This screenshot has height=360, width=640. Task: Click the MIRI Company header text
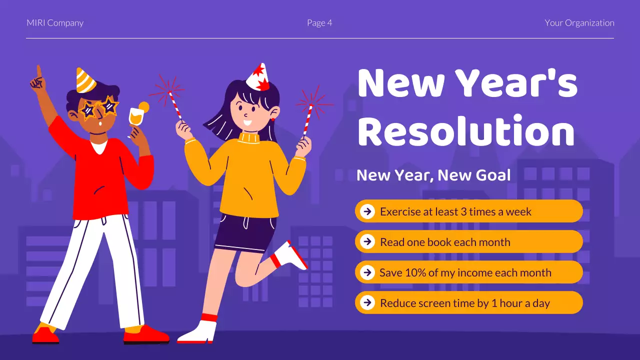click(55, 23)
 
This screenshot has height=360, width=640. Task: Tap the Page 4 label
click(319, 23)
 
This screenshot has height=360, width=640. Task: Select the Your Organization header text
click(579, 23)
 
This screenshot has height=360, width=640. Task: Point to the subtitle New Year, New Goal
click(433, 175)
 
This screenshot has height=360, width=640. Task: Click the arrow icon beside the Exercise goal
click(367, 211)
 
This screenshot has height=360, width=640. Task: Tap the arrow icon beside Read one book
click(367, 242)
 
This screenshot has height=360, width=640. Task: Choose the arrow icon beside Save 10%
click(367, 272)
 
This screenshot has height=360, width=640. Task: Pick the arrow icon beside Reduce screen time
click(367, 303)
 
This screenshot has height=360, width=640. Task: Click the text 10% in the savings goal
click(408, 273)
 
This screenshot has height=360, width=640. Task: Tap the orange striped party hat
click(85, 81)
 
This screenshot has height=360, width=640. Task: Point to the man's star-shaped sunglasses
click(99, 108)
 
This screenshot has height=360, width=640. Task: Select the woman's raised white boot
click(291, 255)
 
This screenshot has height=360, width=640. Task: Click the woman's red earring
click(273, 120)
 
